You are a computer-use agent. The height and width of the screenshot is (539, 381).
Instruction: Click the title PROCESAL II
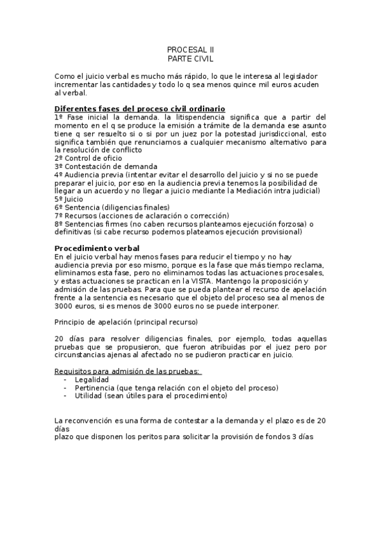(x=191, y=50)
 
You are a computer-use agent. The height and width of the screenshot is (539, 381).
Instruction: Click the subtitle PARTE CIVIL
(x=191, y=58)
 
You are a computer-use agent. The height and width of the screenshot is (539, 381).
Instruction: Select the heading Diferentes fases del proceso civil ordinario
(x=140, y=109)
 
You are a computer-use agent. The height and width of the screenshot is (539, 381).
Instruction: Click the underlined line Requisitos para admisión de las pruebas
(x=127, y=371)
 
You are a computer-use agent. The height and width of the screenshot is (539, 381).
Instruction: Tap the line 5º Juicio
(x=69, y=199)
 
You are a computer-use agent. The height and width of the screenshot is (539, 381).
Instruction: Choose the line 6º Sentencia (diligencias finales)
(x=112, y=207)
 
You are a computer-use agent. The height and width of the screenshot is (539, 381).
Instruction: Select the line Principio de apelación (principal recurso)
(x=126, y=322)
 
